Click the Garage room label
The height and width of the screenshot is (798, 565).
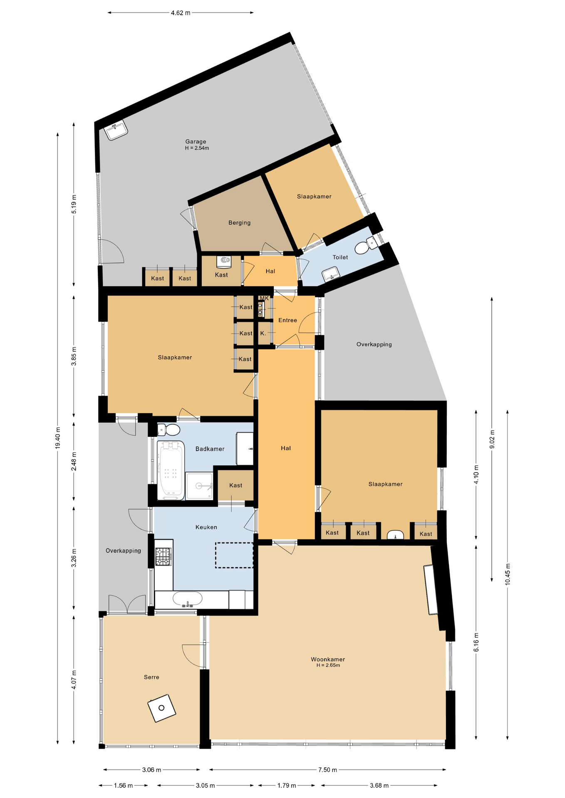pyautogui.click(x=196, y=142)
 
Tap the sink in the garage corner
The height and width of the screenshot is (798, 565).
pyautogui.click(x=116, y=131)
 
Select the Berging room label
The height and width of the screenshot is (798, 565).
pyautogui.click(x=239, y=223)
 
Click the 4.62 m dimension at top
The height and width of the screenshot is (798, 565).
pyautogui.click(x=180, y=13)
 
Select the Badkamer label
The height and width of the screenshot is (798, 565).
pyautogui.click(x=210, y=449)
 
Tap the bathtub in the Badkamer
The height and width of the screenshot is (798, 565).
pyautogui.click(x=171, y=470)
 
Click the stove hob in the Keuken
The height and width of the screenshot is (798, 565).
pyautogui.click(x=163, y=557)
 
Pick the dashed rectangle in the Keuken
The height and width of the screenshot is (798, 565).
pyautogui.click(x=234, y=555)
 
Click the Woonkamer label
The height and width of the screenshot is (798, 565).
pyautogui.click(x=328, y=659)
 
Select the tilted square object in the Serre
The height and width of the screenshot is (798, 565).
pyautogui.click(x=161, y=708)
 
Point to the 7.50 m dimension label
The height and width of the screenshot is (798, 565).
pyautogui.click(x=327, y=770)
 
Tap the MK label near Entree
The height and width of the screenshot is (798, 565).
pyautogui.click(x=264, y=298)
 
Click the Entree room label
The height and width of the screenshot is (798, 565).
pyautogui.click(x=287, y=320)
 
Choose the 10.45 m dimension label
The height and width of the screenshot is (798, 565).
pyautogui.click(x=508, y=574)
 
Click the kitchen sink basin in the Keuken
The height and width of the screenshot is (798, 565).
pyautogui.click(x=187, y=599)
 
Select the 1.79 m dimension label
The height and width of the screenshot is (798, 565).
pyautogui.click(x=287, y=786)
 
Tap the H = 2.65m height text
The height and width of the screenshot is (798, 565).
pyautogui.click(x=328, y=665)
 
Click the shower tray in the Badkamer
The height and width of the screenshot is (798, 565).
pyautogui.click(x=200, y=485)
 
